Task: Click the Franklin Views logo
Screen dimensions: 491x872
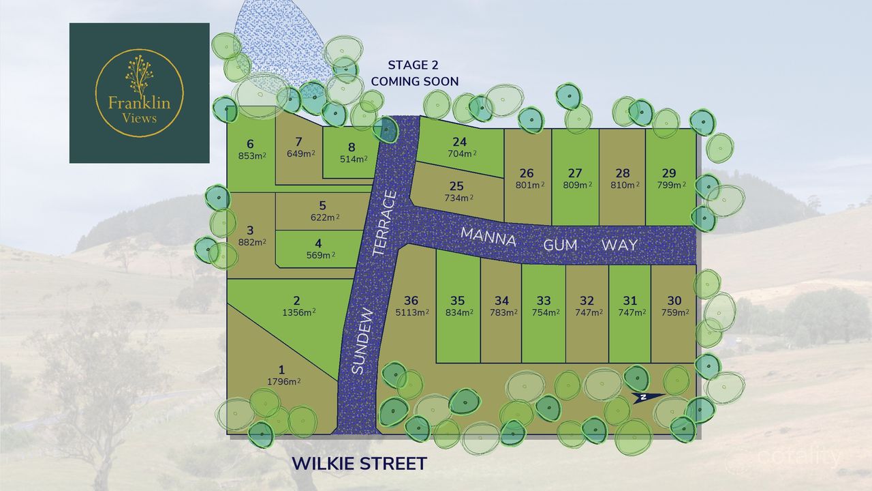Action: [139, 93]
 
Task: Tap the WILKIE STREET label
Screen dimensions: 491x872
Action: [359, 464]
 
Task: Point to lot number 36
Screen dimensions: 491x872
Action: [411, 301]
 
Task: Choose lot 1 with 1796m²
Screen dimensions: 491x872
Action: [281, 376]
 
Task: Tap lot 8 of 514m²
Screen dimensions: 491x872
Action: [352, 153]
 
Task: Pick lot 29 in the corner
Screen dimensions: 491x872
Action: [670, 179]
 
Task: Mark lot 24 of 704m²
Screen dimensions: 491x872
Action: [460, 148]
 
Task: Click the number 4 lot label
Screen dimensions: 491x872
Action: [319, 243]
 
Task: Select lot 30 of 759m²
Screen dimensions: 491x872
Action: [674, 306]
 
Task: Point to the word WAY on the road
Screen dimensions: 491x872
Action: [619, 245]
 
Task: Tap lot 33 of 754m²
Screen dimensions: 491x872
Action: [544, 306]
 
